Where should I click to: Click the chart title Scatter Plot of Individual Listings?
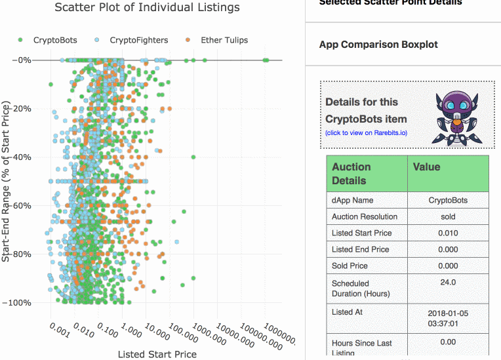(147, 8)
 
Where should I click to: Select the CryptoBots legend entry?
(49, 40)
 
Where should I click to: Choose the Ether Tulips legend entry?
(218, 40)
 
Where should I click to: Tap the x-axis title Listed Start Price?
(157, 354)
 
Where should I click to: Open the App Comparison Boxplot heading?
(378, 45)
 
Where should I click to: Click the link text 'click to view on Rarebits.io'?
(366, 132)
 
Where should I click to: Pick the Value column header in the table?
(426, 167)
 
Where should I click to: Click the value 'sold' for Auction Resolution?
(448, 217)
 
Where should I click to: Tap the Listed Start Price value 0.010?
(448, 233)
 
